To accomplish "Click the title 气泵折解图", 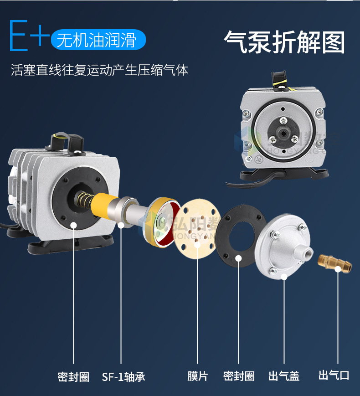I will [284, 42].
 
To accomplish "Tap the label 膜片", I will [197, 376].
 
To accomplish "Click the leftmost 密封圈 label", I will [73, 377].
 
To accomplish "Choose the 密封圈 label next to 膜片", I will [238, 376].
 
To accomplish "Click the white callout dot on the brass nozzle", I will [338, 269].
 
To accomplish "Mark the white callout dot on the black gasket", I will [238, 259].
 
